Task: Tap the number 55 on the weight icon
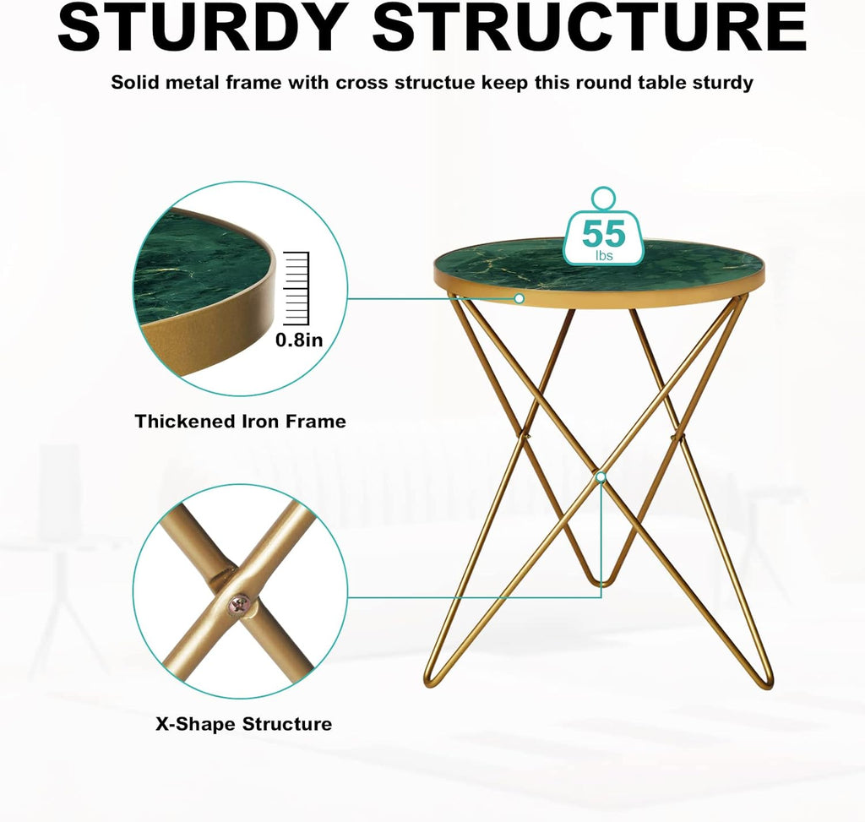tap(603, 233)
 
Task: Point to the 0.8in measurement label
tap(299, 340)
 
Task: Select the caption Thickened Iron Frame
tap(240, 421)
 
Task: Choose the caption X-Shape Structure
tap(243, 724)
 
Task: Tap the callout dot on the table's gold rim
tap(520, 298)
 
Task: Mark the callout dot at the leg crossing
tap(601, 477)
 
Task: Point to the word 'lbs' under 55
tap(603, 254)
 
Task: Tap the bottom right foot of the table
tap(765, 681)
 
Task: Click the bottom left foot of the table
tap(431, 681)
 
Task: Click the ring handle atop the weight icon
tap(603, 199)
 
